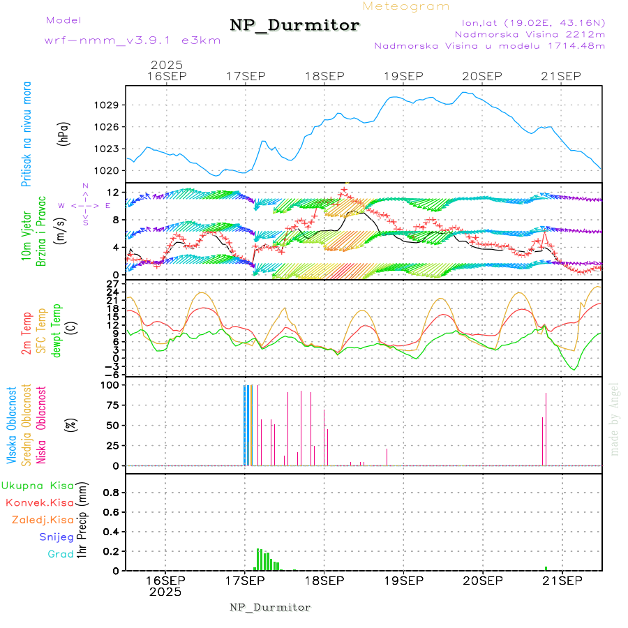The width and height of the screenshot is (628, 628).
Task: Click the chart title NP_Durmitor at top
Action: [294, 26]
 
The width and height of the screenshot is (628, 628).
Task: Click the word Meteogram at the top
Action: [406, 6]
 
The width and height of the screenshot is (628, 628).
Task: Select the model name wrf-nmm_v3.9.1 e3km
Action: [133, 40]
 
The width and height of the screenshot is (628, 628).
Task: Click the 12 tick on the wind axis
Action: [112, 193]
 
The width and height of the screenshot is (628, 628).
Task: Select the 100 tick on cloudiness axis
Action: [111, 384]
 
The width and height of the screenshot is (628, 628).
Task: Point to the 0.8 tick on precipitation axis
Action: [111, 492]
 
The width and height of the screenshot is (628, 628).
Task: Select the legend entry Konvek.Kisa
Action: [40, 502]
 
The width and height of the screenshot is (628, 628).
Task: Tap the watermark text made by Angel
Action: [615, 419]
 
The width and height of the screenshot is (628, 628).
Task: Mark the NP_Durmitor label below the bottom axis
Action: [270, 607]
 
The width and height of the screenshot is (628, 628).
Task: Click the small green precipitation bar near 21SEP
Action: [546, 568]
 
